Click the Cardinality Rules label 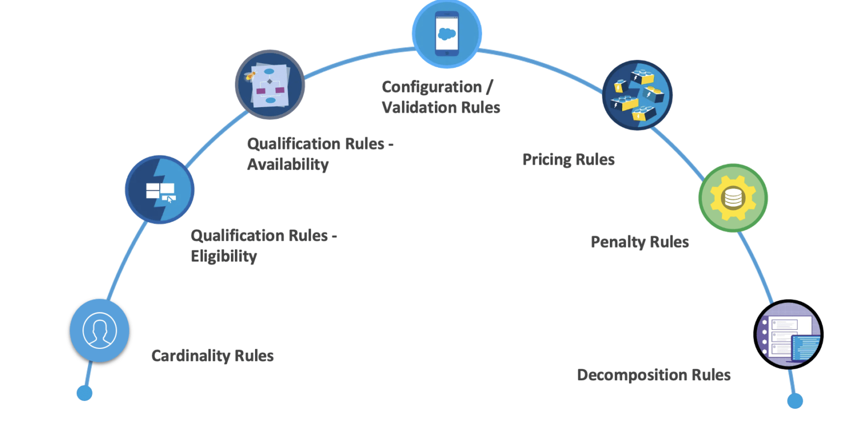point(212,356)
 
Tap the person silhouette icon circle point(100,330)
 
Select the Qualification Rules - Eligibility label point(263,245)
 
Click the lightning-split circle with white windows point(160,189)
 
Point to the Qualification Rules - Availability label point(320,154)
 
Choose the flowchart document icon point(270,85)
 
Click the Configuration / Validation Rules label point(441,97)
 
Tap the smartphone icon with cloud point(447,33)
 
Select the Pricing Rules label point(568,160)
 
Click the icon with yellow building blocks point(637,95)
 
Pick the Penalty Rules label point(640,242)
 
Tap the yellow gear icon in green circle point(733,198)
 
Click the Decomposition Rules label point(654,375)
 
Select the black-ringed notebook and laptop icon point(788,334)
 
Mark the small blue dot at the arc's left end point(84,393)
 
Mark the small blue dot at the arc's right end point(795,400)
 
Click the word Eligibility point(224,257)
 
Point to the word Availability point(288,165)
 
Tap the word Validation point(419,107)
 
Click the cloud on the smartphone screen point(447,33)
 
